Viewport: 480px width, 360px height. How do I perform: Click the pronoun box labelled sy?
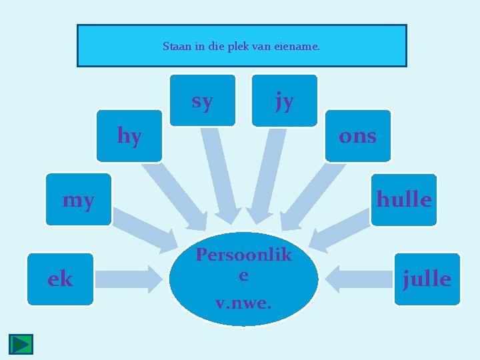203,100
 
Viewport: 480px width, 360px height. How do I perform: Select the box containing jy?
285,100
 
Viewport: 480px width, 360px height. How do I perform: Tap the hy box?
129,136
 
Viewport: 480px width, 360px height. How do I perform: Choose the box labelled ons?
357,136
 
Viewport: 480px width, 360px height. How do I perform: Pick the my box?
79,199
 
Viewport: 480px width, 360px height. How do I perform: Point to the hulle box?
403,199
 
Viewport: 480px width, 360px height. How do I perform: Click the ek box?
60,279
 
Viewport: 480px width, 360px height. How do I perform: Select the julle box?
427,279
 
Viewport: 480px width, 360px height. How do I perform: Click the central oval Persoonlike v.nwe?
243,279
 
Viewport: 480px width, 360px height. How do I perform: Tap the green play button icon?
21,344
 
